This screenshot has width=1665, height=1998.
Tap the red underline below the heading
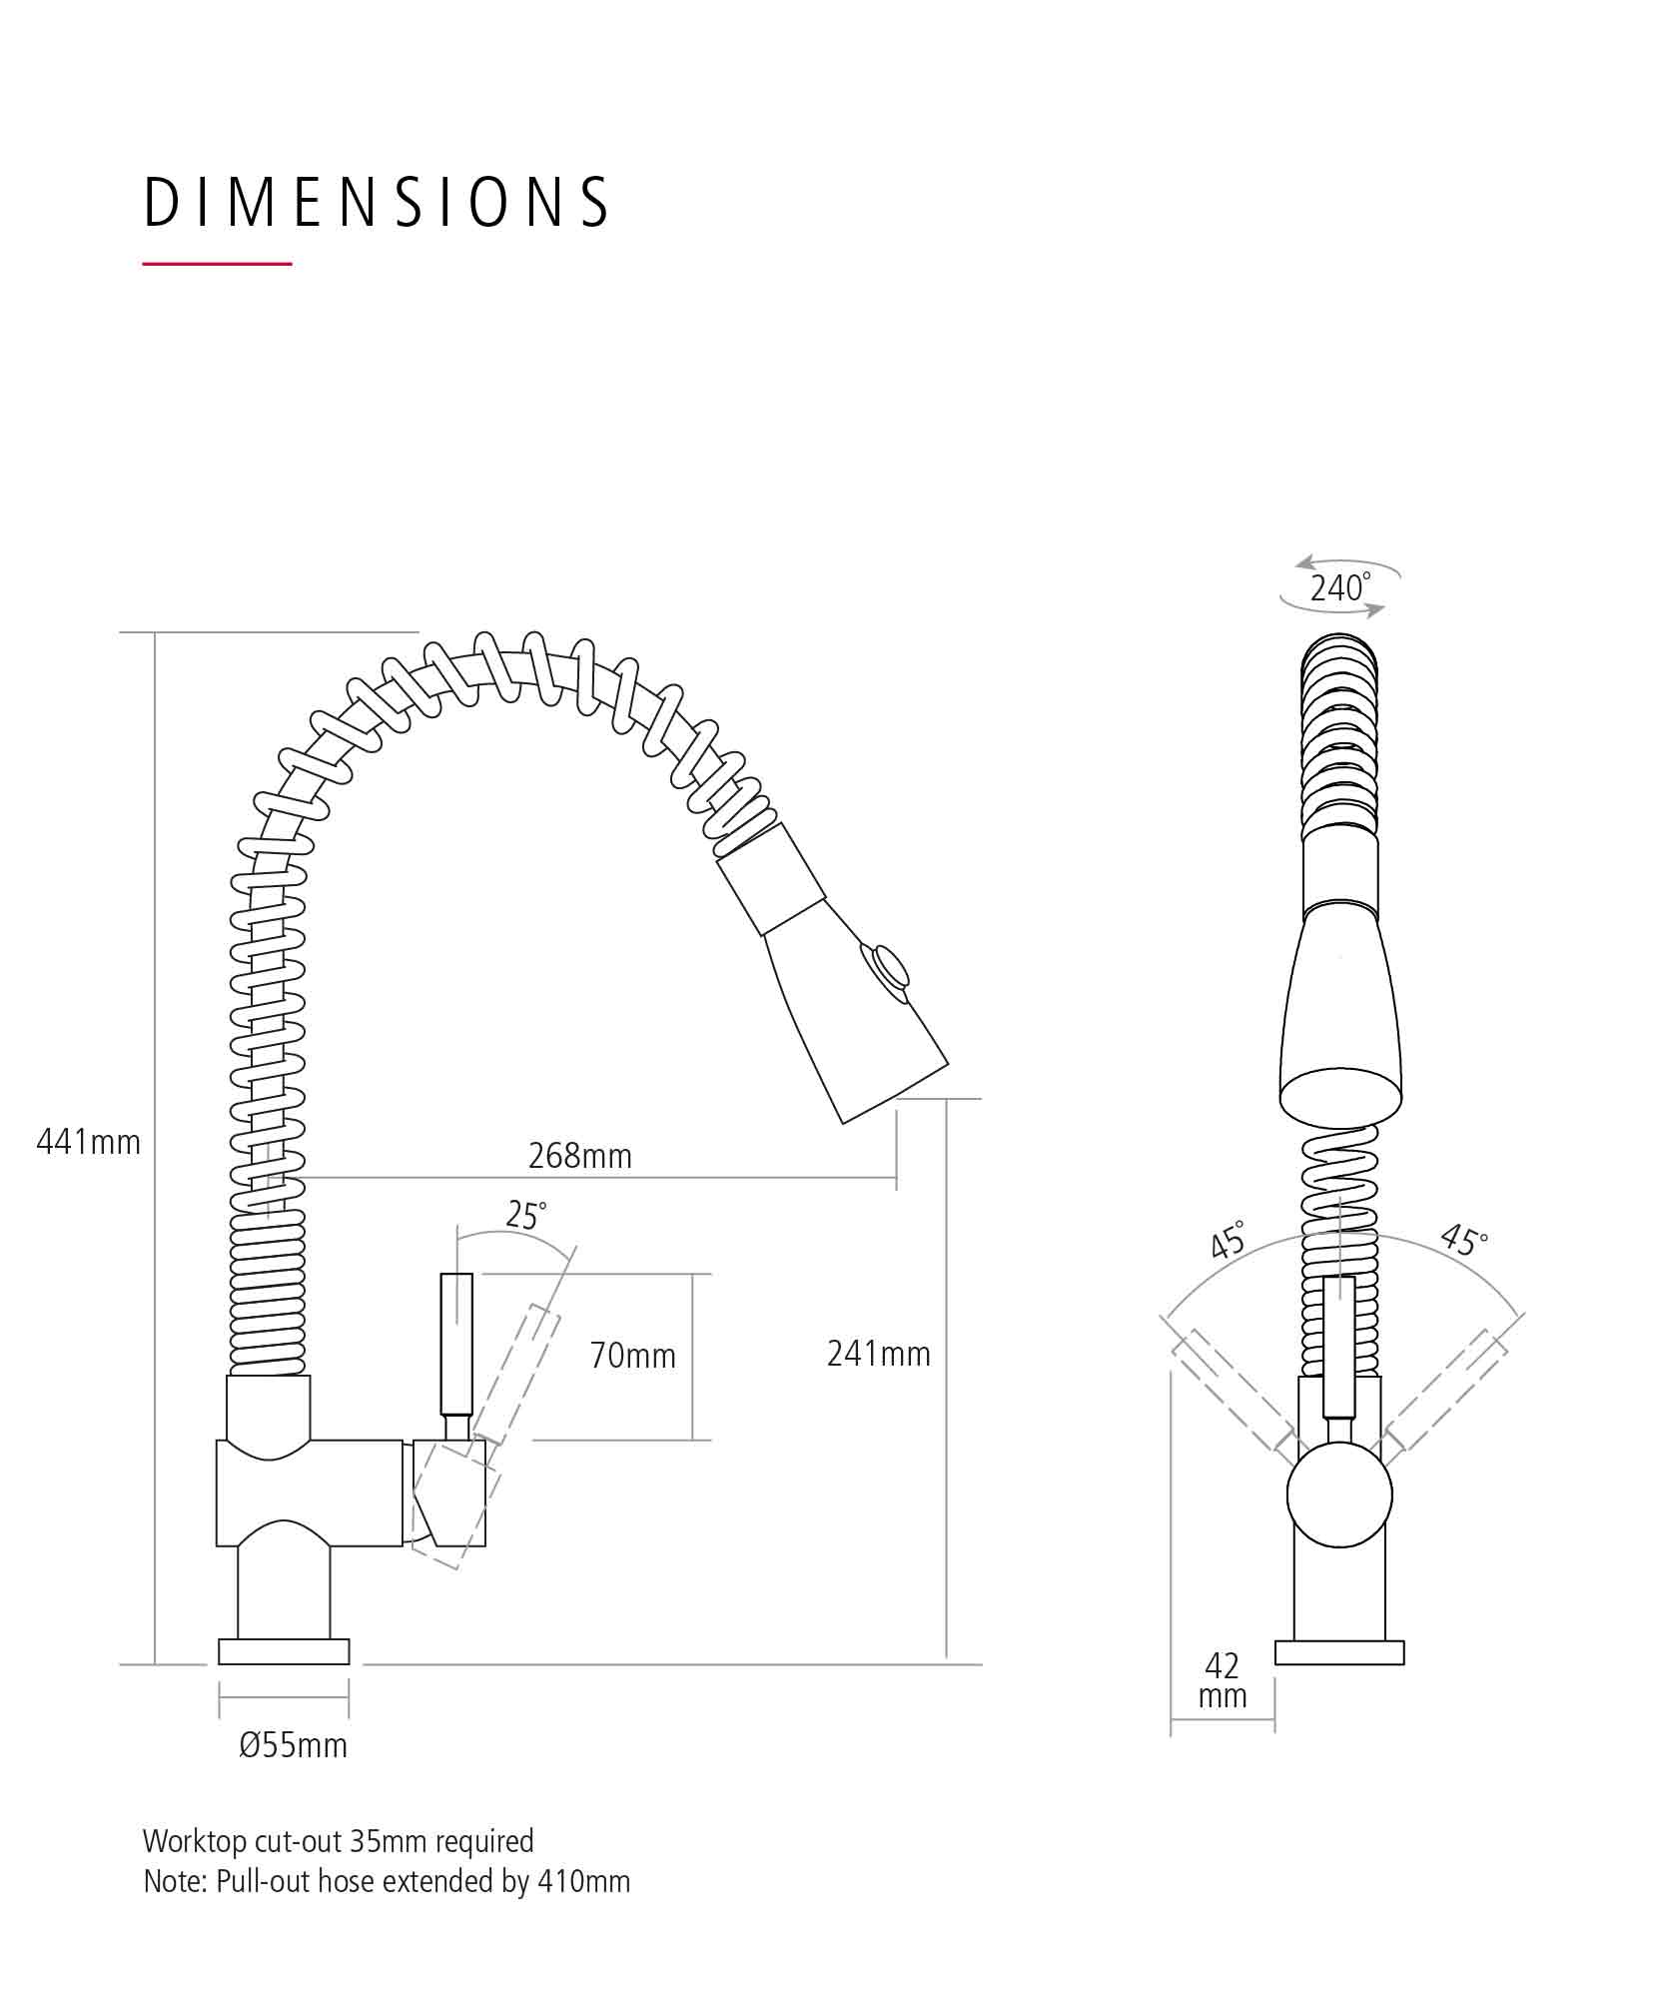pos(217,264)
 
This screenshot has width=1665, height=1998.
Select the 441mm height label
pos(89,1141)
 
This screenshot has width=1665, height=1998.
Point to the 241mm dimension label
pos(879,1353)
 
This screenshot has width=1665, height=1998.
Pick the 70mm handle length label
pos(633,1355)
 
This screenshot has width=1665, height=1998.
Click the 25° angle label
pos(526,1215)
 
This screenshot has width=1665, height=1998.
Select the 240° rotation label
pos(1340,587)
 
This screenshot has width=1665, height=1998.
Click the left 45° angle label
pos(1229,1239)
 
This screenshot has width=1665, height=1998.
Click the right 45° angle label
pos(1464,1239)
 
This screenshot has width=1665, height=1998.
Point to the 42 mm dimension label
pos(1223,1680)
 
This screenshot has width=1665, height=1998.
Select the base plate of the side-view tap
pos(284,1651)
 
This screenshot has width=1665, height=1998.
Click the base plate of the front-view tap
pos(1339,1652)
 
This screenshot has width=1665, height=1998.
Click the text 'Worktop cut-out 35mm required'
pos(339,1840)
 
